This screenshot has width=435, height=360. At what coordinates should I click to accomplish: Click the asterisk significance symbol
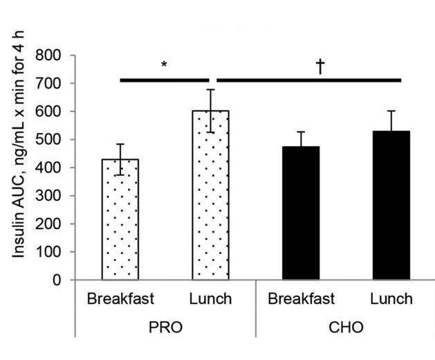pyautogui.click(x=165, y=65)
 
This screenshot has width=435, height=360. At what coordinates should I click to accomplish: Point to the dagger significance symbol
pyautogui.click(x=320, y=65)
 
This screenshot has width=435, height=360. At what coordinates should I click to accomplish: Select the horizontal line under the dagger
pyautogui.click(x=308, y=80)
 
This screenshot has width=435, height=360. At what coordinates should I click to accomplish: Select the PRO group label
pyautogui.click(x=166, y=327)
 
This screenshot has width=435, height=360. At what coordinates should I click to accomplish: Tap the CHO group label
pyautogui.click(x=346, y=327)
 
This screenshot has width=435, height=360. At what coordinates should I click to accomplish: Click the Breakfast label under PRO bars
pyautogui.click(x=120, y=299)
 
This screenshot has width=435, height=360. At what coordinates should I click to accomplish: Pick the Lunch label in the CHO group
pyautogui.click(x=391, y=299)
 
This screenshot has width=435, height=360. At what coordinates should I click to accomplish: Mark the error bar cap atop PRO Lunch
pyautogui.click(x=211, y=89)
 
